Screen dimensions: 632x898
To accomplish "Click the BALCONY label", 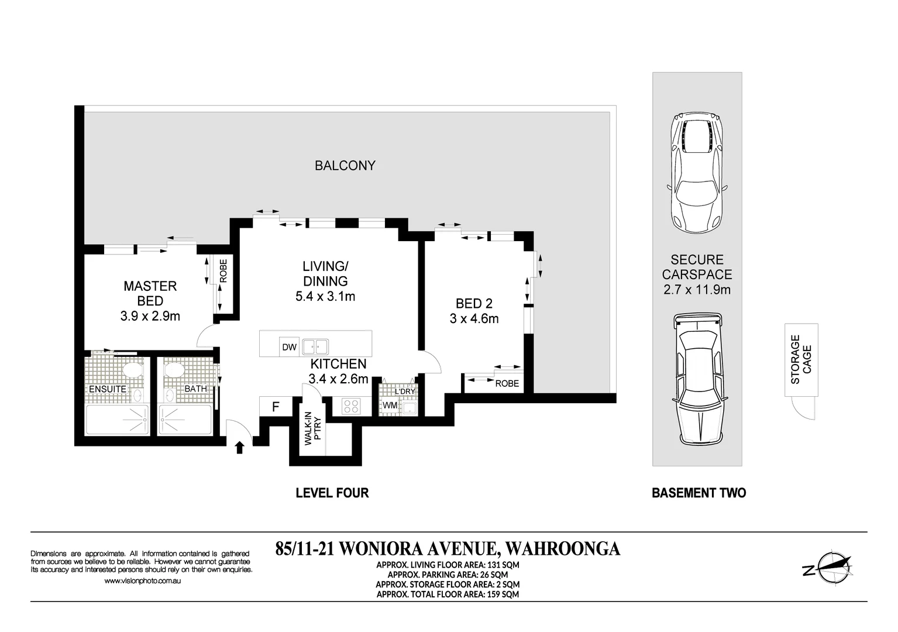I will click(345, 166).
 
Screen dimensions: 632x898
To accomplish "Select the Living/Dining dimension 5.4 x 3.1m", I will click(325, 296).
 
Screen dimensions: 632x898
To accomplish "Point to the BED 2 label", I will click(474, 304).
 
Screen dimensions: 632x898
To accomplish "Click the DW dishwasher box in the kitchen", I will click(289, 347).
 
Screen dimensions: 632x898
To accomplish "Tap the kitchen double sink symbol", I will click(315, 347).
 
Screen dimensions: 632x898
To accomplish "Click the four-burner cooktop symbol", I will click(350, 406).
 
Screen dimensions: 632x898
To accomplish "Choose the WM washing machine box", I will click(390, 406).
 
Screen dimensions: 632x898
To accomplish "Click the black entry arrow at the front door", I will click(239, 448).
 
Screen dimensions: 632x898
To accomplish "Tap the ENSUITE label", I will click(107, 389).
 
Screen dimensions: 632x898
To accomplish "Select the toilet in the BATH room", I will click(173, 370).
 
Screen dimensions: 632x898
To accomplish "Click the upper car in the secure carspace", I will click(697, 173).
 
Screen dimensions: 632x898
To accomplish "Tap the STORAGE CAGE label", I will click(801, 359).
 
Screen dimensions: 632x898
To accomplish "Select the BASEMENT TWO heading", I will click(699, 493).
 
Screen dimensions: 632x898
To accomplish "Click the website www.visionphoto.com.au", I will click(142, 581).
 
